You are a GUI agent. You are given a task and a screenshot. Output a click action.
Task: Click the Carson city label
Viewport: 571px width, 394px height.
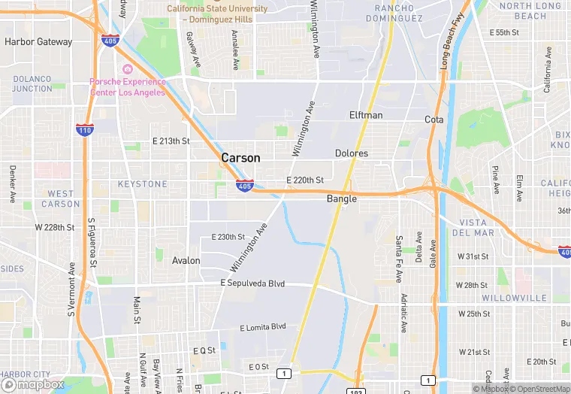click(x=240, y=158)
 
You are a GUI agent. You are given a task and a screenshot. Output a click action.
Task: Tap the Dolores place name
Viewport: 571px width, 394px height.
click(x=352, y=153)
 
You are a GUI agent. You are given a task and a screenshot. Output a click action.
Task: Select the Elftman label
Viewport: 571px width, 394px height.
click(x=366, y=115)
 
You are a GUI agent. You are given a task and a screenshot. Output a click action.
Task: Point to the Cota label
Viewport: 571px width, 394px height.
click(x=434, y=120)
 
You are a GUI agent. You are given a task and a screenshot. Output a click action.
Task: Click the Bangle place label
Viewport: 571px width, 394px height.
click(x=341, y=199)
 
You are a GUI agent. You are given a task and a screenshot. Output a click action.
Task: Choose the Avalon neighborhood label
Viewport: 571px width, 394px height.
click(x=186, y=261)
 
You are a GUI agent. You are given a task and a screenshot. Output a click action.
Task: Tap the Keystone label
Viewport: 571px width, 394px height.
click(x=143, y=184)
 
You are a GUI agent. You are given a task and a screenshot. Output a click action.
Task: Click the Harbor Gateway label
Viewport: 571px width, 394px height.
click(x=38, y=42)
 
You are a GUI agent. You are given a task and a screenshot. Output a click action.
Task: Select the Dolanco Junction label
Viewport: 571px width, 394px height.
click(x=32, y=83)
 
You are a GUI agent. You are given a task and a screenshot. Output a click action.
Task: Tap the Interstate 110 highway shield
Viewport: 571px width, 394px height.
click(x=85, y=130)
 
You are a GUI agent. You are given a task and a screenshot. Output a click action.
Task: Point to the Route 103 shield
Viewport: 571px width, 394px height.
click(x=356, y=391)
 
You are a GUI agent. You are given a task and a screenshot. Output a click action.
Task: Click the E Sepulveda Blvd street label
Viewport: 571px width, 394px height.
click(x=252, y=283)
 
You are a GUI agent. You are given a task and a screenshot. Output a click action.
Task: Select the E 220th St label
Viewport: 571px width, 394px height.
click(x=304, y=180)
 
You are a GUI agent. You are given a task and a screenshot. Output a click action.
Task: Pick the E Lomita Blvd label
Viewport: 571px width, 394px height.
click(x=263, y=327)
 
